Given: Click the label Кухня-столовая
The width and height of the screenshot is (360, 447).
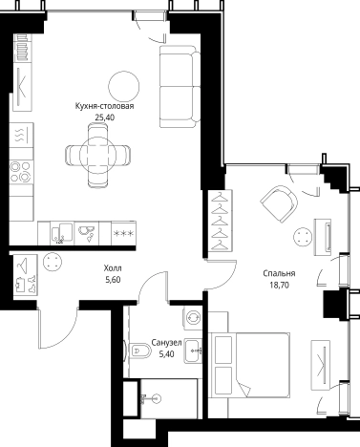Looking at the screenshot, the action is pyautogui.click(x=104, y=106).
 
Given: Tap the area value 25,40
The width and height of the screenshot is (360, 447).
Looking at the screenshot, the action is pyautogui.click(x=104, y=117).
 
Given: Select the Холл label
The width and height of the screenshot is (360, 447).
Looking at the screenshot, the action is pyautogui.click(x=113, y=268).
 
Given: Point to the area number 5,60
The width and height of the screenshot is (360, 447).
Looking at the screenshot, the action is pyautogui.click(x=113, y=280).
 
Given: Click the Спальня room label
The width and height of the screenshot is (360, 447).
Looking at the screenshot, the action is pyautogui.click(x=279, y=273).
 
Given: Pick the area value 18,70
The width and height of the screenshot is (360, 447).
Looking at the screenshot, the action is pyautogui.click(x=279, y=285).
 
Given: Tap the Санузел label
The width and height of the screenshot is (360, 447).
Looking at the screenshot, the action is pyautogui.click(x=166, y=343).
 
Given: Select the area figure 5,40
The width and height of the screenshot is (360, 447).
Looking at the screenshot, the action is pyautogui.click(x=166, y=353).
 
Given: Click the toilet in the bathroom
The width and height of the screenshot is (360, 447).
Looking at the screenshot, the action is pyautogui.click(x=140, y=351).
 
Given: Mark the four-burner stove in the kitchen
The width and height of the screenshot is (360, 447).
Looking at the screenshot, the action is pyautogui.click(x=21, y=172).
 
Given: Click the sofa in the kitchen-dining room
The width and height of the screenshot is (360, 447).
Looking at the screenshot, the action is pyautogui.click(x=180, y=86).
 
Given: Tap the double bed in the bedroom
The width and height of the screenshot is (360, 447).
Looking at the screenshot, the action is pyautogui.click(x=249, y=365).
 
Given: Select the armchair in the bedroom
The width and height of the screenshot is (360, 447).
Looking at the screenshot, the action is pyautogui.click(x=279, y=203).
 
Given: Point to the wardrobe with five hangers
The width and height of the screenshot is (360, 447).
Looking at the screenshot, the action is pyautogui.click(x=220, y=221).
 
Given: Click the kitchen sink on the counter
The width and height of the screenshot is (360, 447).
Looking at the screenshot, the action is pyautogui.click(x=62, y=233).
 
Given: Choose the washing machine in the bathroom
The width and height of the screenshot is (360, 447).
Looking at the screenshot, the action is pyautogui.click(x=193, y=317).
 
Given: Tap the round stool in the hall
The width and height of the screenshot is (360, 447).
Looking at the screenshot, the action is pyautogui.click(x=53, y=262).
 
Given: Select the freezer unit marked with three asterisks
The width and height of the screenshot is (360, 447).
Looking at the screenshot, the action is pyautogui.click(x=124, y=233).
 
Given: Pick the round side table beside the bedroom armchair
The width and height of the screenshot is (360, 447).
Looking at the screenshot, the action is pyautogui.click(x=303, y=237).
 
